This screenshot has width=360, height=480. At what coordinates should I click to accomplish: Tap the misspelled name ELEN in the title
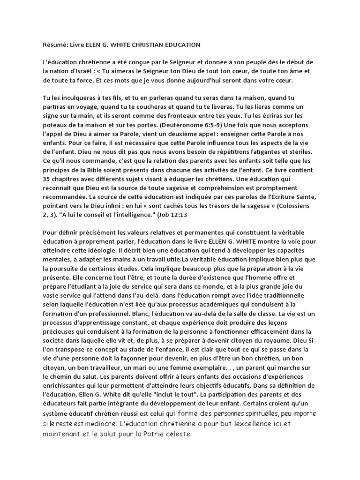[93, 45]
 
